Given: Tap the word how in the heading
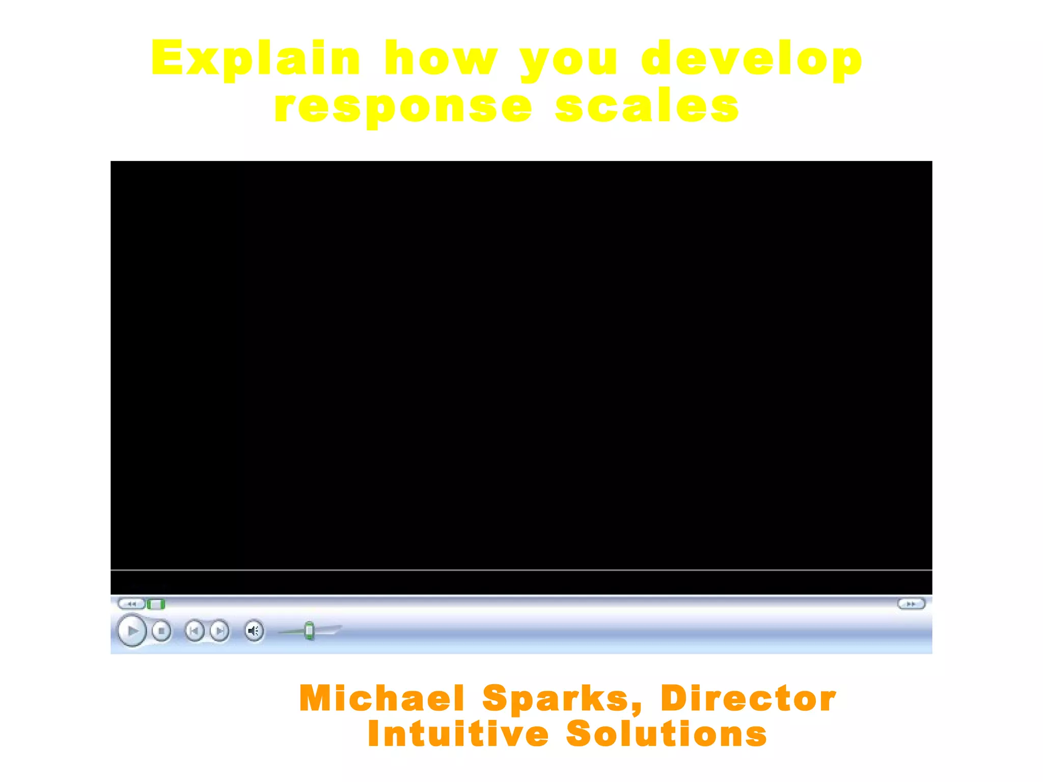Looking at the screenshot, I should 441,59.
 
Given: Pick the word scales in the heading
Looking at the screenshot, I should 647,106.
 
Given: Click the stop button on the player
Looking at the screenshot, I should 161,631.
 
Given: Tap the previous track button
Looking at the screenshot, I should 194,631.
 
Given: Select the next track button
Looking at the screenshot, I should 219,631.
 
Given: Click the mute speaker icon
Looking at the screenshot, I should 254,631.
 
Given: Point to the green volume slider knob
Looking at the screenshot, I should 309,631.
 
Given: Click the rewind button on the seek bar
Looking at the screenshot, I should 131,604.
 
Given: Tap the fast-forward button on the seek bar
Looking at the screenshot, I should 911,604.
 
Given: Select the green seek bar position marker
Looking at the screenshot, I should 156,604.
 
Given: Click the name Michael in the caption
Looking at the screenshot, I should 382,698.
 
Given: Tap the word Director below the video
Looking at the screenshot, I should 748,698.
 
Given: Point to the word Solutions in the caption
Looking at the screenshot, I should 666,734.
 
